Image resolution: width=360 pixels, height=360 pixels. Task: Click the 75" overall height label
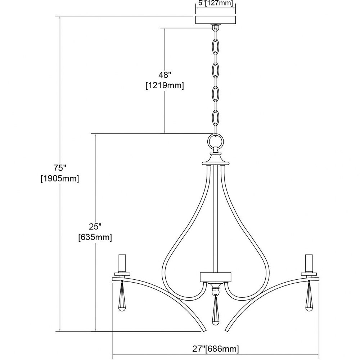(x=60, y=168)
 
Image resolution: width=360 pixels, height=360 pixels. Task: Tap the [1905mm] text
(x=60, y=179)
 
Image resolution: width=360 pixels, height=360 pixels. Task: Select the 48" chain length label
(x=165, y=75)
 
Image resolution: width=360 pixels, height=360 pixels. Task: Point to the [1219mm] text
(x=165, y=86)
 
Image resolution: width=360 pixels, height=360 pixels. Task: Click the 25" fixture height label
(x=95, y=226)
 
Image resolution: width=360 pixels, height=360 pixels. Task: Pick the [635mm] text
(x=95, y=237)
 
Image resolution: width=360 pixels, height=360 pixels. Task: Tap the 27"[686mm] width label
(x=215, y=349)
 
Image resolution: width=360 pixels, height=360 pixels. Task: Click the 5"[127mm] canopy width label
(x=215, y=4)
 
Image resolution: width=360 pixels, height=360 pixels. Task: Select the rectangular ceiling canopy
(x=215, y=20)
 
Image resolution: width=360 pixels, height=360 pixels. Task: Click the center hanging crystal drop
(x=215, y=311)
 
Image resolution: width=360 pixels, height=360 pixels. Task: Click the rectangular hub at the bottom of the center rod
(x=215, y=277)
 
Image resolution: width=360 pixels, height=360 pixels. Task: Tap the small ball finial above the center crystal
(x=215, y=291)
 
